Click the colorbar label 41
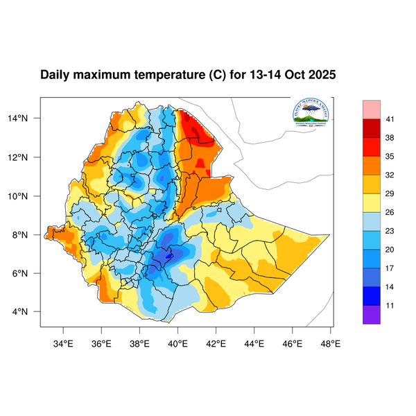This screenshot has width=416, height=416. (390, 119)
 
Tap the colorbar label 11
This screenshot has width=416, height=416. (390, 304)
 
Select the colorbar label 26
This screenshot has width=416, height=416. (390, 212)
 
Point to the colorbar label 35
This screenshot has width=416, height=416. (390, 157)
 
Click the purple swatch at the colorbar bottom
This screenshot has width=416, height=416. (372, 314)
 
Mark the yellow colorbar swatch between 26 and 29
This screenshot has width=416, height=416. (372, 202)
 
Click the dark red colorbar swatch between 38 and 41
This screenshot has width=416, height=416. (372, 128)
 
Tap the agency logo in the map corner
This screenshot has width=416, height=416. (311, 114)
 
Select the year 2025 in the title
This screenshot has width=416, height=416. (322, 75)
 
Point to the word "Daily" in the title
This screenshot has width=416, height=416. (55, 75)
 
